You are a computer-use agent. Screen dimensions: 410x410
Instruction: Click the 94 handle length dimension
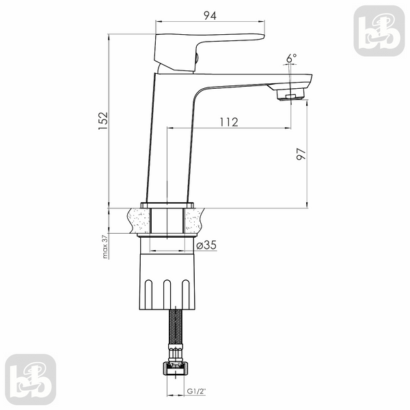tap(210, 16)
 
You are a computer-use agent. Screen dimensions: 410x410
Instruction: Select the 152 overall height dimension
tap(103, 121)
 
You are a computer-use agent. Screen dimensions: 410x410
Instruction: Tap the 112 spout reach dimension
tap(229, 122)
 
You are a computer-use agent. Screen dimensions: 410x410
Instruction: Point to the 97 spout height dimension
tap(301, 154)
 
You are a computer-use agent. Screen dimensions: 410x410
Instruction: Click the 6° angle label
tap(292, 58)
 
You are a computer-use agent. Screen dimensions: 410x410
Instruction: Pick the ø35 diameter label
tap(206, 245)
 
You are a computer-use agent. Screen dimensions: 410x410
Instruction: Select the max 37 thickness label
tap(105, 247)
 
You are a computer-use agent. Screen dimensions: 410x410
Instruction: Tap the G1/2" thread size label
tap(196, 392)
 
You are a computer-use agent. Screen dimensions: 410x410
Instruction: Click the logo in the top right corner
tap(379, 31)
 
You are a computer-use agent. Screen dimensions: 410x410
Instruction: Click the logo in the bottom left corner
tap(31, 379)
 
